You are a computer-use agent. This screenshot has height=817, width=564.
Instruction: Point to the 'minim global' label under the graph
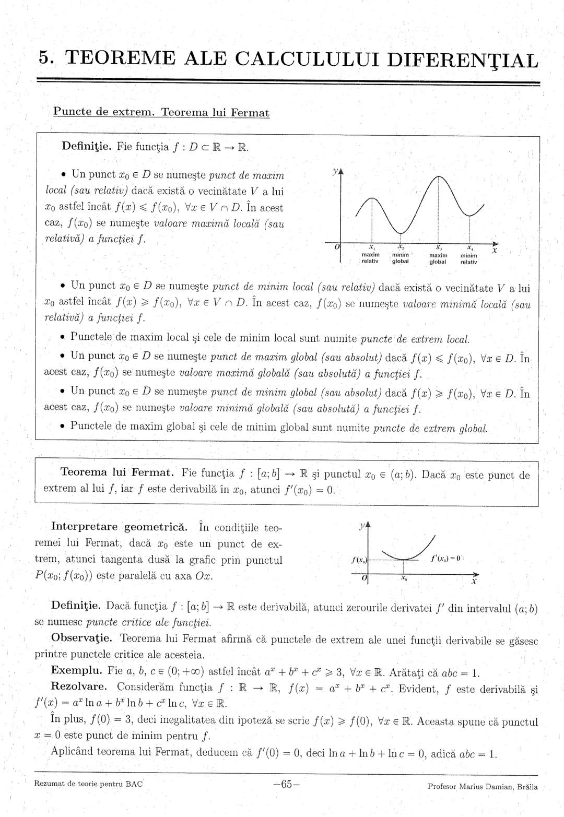click(400, 258)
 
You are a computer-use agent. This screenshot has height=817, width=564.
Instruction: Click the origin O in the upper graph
click(337, 246)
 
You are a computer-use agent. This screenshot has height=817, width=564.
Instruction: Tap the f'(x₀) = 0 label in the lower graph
click(445, 558)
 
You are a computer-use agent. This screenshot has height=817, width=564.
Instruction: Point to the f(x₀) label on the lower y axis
click(359, 560)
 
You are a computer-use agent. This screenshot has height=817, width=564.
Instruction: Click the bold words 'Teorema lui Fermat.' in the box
click(118, 473)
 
